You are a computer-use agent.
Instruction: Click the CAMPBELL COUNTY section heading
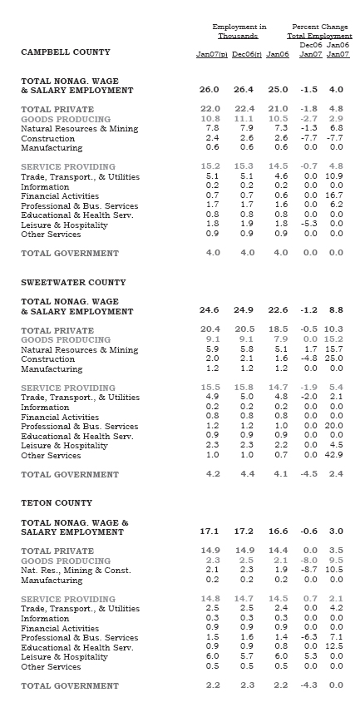click(65, 52)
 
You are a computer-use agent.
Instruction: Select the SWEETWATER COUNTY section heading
click(72, 283)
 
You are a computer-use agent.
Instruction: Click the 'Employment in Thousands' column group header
click(239, 32)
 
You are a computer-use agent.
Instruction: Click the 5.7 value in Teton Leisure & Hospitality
click(247, 657)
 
